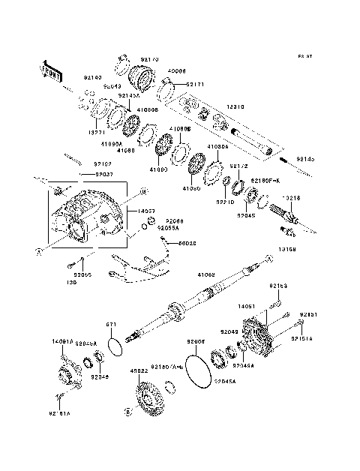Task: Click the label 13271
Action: [97, 132]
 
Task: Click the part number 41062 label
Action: [205, 277]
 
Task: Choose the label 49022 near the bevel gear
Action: [138, 370]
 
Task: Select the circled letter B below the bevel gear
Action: [127, 412]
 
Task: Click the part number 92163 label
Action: [278, 286]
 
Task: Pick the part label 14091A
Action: [61, 341]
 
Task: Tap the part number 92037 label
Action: [104, 174]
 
